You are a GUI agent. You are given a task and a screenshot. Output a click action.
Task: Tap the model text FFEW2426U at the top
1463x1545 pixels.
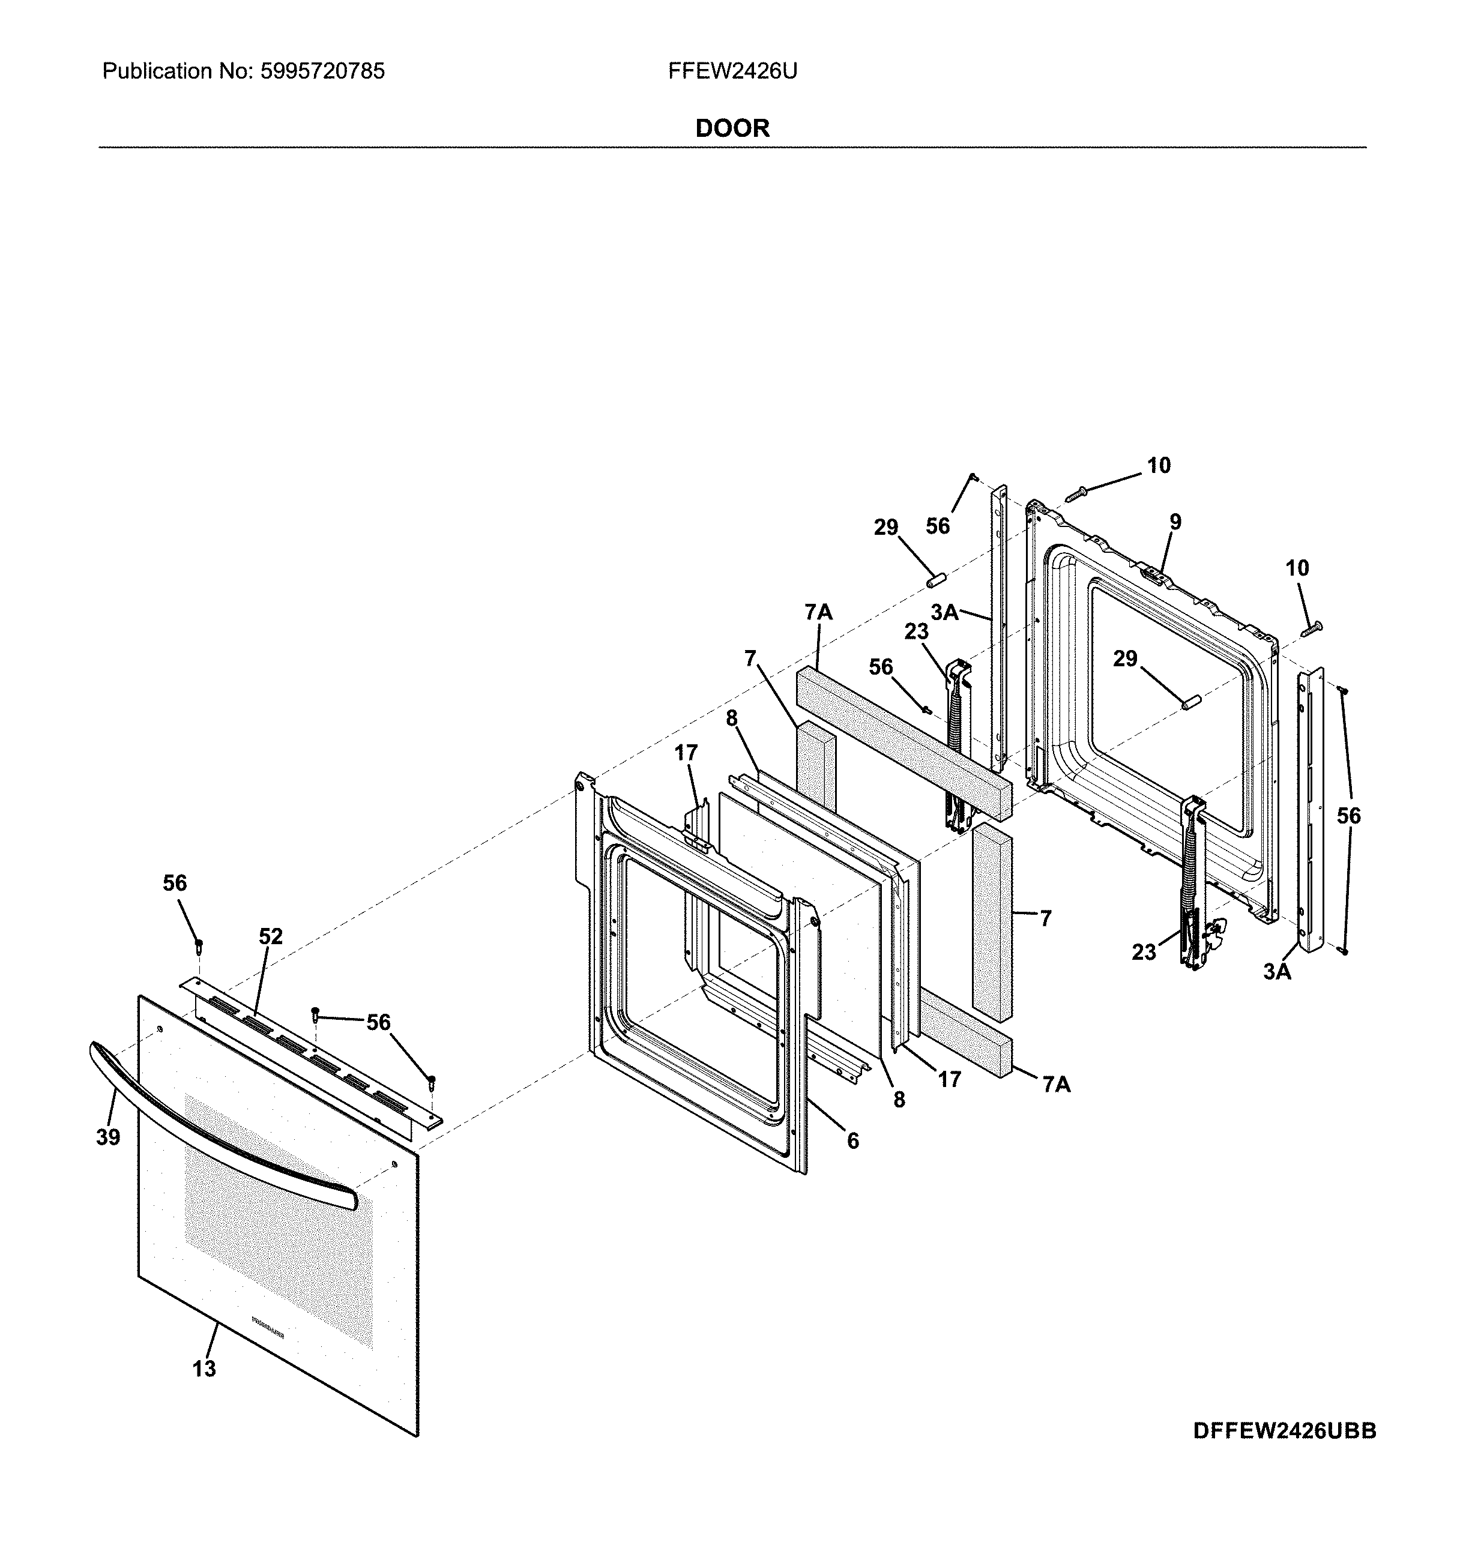732,72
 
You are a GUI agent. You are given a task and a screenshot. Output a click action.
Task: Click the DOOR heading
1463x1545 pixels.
732,128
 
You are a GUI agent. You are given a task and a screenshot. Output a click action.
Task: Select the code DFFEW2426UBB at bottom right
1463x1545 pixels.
1285,1431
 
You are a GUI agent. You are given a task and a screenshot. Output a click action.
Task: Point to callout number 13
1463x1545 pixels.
204,1368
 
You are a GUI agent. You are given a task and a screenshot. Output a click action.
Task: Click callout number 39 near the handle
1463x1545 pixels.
109,1137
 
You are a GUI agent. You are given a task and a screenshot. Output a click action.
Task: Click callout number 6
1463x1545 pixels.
853,1141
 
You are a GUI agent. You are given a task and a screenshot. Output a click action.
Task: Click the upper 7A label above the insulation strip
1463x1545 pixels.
819,613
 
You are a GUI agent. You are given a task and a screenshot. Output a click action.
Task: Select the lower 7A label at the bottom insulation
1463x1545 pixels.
1057,1084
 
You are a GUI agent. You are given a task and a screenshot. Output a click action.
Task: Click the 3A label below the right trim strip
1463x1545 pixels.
1277,972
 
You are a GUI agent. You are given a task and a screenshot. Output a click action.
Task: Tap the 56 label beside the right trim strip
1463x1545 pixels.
1348,816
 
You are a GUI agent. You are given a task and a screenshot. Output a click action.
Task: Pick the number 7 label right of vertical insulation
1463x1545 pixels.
1046,919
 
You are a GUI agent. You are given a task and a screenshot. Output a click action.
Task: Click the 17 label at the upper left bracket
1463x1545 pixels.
686,753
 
